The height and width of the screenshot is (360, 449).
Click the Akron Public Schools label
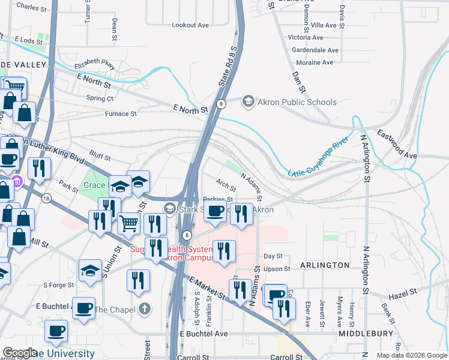coord(297,102)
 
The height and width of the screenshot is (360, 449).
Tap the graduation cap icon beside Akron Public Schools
coord(248,102)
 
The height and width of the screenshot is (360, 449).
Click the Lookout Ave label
coord(190,25)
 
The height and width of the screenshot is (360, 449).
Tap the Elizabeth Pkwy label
coord(94,65)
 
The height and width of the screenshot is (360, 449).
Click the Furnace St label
coord(121,113)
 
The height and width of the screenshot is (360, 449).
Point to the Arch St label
coord(226,186)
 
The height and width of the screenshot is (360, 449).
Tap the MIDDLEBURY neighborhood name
coord(365,333)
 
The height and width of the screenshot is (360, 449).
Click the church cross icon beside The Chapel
coord(143,310)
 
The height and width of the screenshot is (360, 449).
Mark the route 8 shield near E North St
coord(221,104)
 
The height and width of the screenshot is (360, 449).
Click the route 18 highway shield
coord(46,198)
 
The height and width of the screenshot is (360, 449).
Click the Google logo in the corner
coord(20,353)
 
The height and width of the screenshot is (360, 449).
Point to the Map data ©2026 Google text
coord(411,355)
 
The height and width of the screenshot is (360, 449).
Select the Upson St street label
coord(277,269)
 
